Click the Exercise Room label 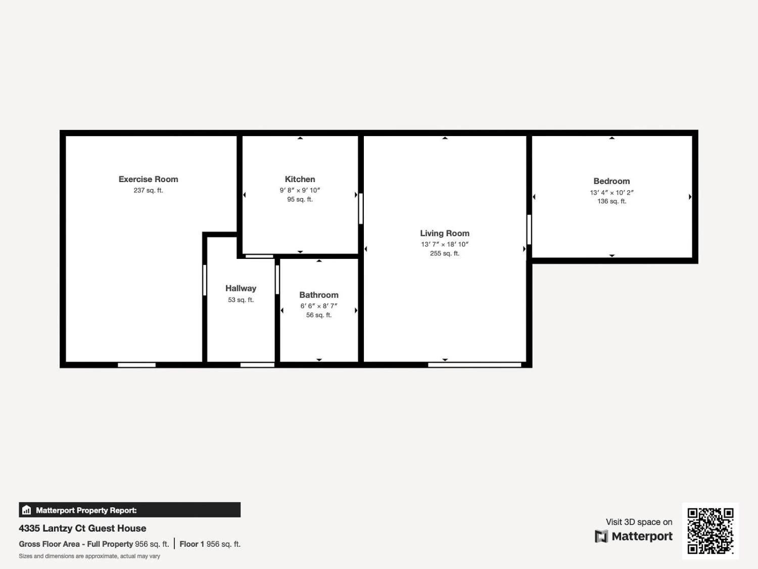pos(148,179)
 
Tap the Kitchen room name pos(300,179)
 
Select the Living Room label pos(445,233)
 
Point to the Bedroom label pos(611,181)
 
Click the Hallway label pos(241,288)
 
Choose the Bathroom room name pos(319,295)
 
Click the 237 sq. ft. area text pos(148,191)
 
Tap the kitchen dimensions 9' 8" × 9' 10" pos(300,190)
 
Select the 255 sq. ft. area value pos(445,253)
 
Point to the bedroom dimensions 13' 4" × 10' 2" pos(611,193)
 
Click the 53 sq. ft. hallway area pos(241,300)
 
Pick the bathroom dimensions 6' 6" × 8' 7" pos(319,306)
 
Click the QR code pos(710,531)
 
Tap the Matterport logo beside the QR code pos(634,536)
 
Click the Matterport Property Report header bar pos(129,510)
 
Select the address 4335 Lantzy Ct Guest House pos(82,528)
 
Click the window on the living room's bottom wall pos(474,365)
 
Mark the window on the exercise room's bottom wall pos(136,365)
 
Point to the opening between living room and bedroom pos(529,230)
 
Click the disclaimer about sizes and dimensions pos(89,556)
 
